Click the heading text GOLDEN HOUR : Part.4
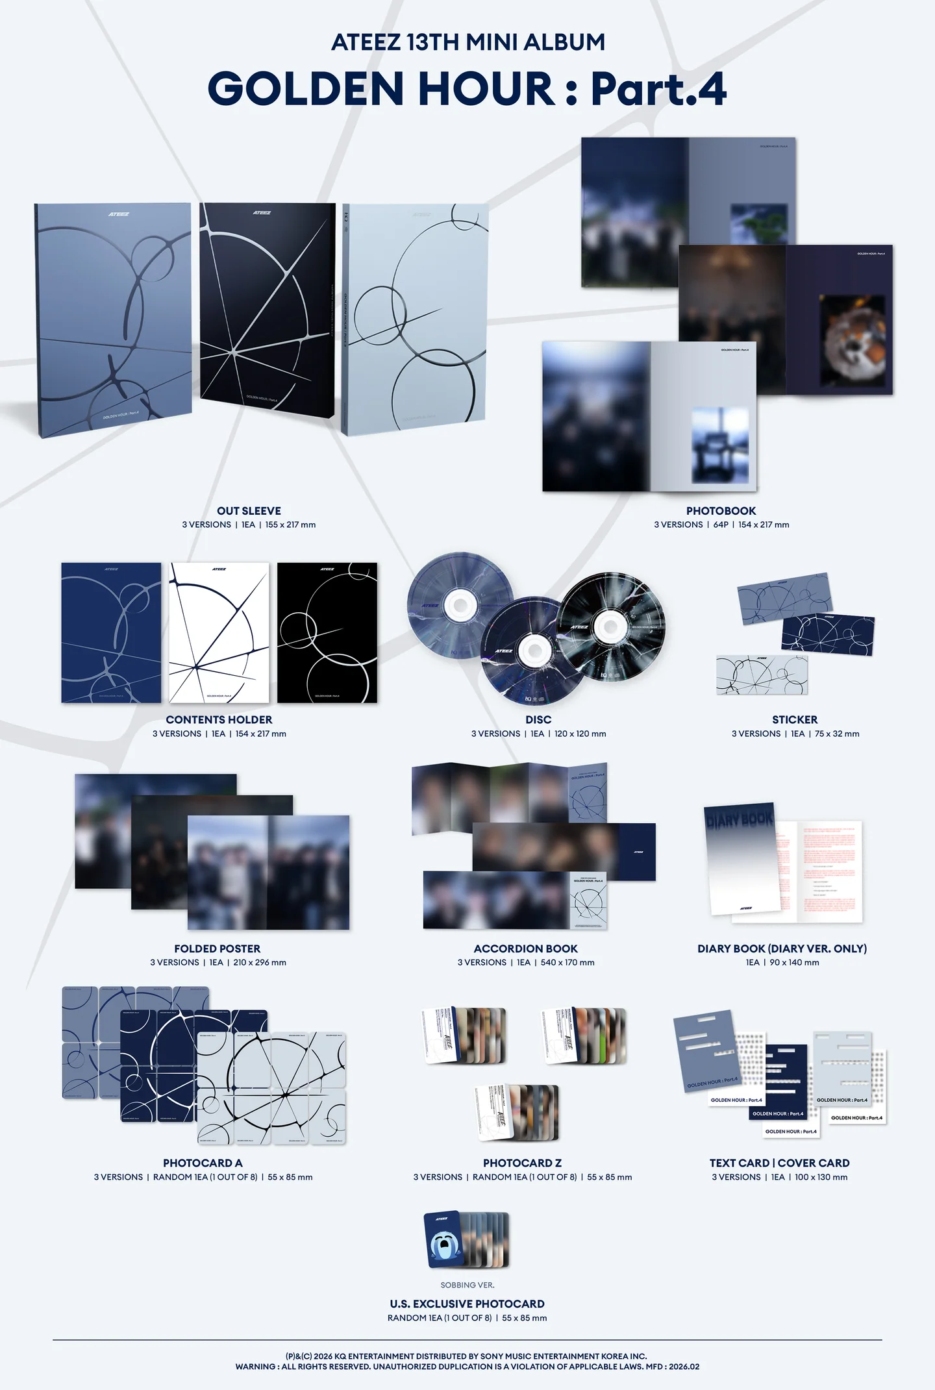pos(467,89)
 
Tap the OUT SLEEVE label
pos(249,511)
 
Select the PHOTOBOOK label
pos(721,511)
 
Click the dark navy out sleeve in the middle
pos(266,305)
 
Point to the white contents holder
pos(219,632)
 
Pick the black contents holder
pos(327,632)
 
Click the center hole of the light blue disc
pos(460,606)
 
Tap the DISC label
pos(538,719)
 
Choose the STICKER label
pos(795,719)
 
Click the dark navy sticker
pos(828,633)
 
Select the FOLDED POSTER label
pos(217,949)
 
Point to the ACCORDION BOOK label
pos(525,949)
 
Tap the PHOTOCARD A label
pos(203,1163)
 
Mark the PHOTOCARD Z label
pos(522,1163)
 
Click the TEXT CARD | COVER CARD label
pos(779,1163)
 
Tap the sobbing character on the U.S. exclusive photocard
pos(443,1245)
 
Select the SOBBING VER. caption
pos(467,1285)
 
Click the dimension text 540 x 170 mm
pos(567,962)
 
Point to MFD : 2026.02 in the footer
pos(673,1366)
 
